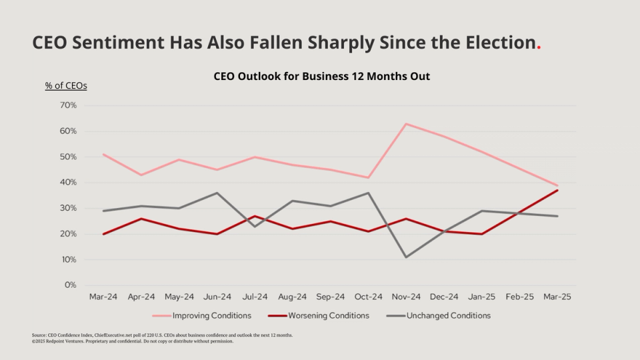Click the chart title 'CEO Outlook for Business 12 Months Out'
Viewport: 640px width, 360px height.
click(x=321, y=76)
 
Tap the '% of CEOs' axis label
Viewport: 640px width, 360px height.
click(x=66, y=85)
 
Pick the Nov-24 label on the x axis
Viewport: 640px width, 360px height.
click(x=405, y=297)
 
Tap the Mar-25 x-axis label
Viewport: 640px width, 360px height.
click(x=557, y=297)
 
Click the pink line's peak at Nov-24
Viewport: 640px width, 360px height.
click(x=405, y=123)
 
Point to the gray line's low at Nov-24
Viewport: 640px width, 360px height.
click(x=405, y=257)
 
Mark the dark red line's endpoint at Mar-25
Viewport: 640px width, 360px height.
click(x=557, y=190)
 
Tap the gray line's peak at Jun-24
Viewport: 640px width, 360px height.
click(x=217, y=193)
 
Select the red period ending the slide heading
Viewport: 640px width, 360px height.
click(x=539, y=48)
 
